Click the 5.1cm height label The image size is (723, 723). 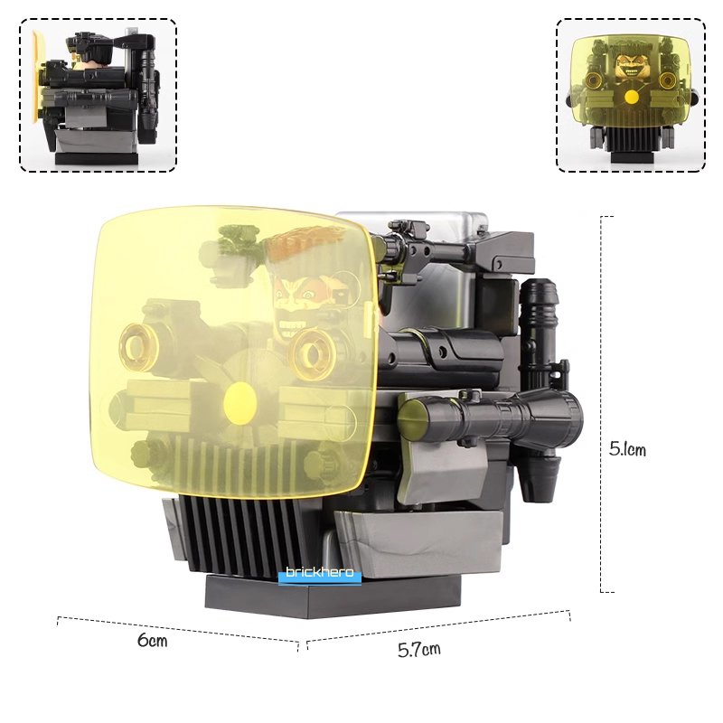click(x=627, y=448)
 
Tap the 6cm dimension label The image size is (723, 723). click(x=152, y=641)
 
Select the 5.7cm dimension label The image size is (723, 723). click(x=419, y=649)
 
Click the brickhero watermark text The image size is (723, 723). click(x=320, y=572)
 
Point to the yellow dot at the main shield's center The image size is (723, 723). click(x=239, y=403)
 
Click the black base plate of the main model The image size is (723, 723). click(x=333, y=596)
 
